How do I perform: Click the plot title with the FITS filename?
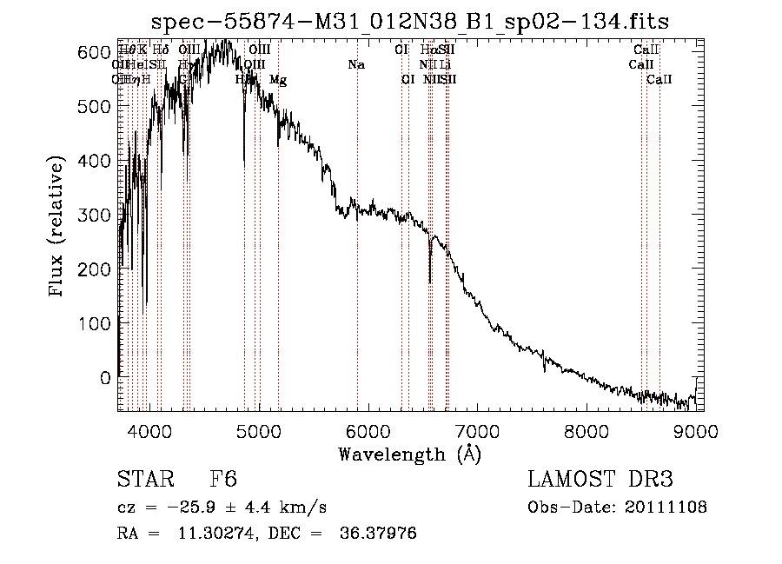(x=410, y=22)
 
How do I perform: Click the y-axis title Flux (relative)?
(x=58, y=229)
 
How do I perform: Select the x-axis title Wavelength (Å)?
(x=409, y=454)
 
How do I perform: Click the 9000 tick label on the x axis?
(x=695, y=430)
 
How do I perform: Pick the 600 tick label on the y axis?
(x=92, y=52)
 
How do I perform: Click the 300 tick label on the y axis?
(x=92, y=215)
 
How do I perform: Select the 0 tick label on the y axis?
(x=105, y=377)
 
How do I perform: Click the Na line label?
(x=356, y=65)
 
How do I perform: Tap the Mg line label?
(x=278, y=80)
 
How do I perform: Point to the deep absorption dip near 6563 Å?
(x=430, y=276)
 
